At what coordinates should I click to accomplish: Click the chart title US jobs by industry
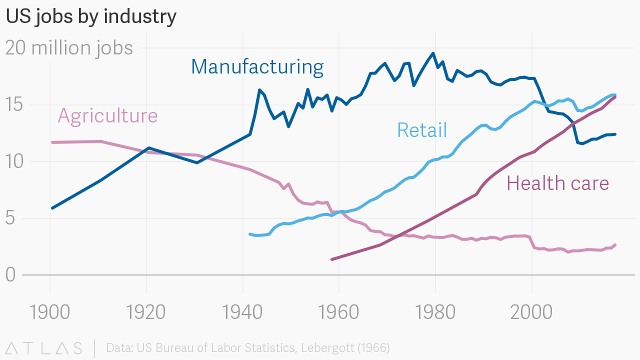[x=91, y=16]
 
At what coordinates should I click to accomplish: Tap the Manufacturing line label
[x=257, y=66]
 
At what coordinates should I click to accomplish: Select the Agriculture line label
[x=107, y=115]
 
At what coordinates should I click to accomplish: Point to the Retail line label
[x=421, y=130]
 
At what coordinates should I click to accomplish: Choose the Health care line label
[x=557, y=183]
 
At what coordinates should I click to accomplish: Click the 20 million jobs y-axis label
[x=69, y=48]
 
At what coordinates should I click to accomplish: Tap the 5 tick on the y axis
[x=11, y=218]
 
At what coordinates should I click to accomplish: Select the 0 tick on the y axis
[x=11, y=275]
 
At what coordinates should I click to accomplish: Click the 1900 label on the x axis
[x=50, y=312]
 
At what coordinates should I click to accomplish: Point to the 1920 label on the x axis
[x=146, y=312]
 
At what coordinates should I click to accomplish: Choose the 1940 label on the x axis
[x=242, y=312]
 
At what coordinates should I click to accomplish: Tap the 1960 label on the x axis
[x=339, y=312]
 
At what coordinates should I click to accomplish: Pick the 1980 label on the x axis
[x=435, y=312]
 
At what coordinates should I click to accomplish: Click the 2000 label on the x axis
[x=531, y=312]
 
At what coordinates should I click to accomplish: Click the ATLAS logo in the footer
[x=44, y=348]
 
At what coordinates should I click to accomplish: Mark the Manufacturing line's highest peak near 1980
[x=433, y=53]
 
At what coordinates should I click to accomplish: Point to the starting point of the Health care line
[x=332, y=259]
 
